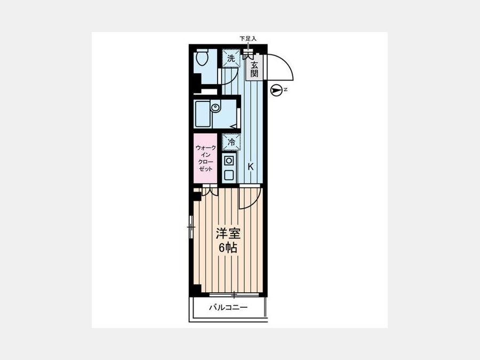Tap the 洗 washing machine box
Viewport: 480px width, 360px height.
coord(231,58)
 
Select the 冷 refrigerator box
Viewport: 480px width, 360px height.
coord(231,142)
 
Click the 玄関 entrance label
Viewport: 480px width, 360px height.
coord(254,69)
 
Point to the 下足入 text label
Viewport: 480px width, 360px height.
coord(247,39)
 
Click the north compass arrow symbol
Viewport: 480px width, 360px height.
coord(276,90)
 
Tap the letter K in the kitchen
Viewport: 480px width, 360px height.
coord(251,167)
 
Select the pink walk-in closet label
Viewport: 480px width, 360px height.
coord(205,158)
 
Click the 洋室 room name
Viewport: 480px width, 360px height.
coord(228,234)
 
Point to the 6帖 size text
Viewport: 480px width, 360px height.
coord(228,247)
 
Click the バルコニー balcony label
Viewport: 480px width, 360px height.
coord(228,307)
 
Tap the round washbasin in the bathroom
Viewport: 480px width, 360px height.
coord(215,108)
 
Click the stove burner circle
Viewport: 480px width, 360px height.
coord(228,161)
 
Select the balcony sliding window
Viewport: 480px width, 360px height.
coord(234,295)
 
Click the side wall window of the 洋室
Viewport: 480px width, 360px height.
coord(191,227)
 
